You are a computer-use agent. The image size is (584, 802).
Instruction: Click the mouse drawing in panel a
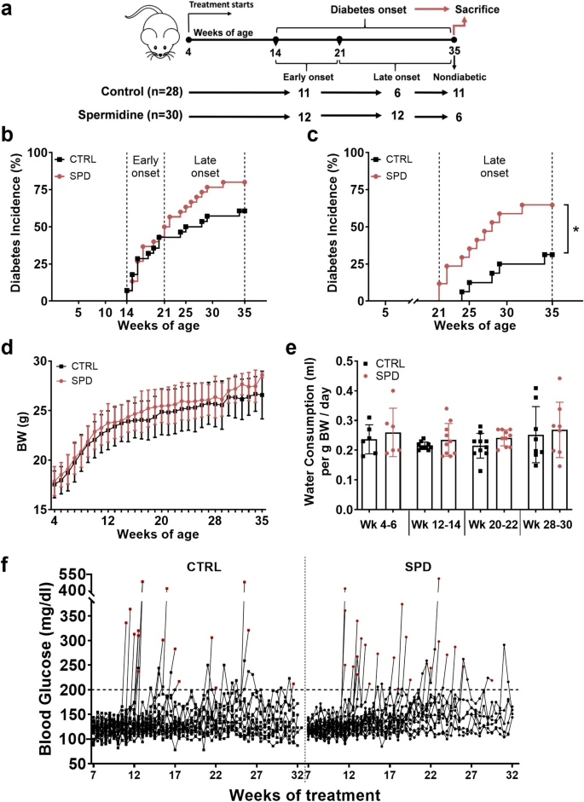[153, 33]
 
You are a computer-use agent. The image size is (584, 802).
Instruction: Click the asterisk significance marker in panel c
[576, 229]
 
